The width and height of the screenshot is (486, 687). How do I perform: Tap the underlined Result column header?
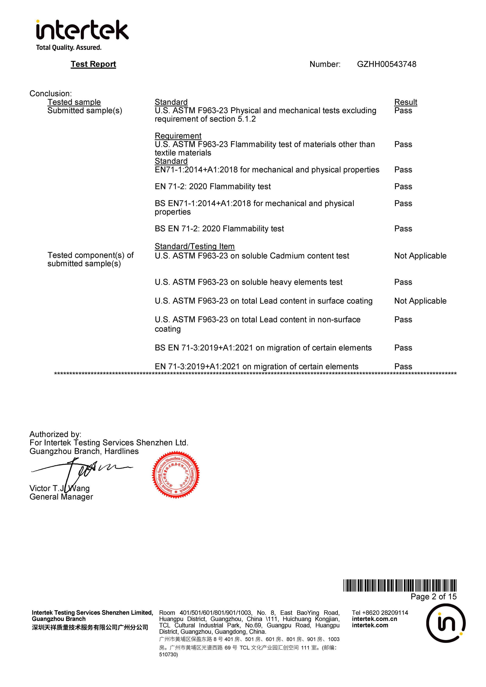pos(405,102)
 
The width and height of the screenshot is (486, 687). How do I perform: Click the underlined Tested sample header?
pos(74,102)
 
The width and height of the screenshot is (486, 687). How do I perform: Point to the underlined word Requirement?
pos(178,136)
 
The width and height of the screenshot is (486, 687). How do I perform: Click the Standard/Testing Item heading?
pos(195,246)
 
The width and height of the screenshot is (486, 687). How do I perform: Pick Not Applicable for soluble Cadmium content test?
pos(420,256)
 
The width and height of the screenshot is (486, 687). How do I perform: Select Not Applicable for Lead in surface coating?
pos(420,301)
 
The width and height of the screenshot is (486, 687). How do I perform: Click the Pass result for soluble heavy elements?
pos(403,282)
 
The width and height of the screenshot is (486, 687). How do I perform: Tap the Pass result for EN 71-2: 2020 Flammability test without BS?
pos(403,187)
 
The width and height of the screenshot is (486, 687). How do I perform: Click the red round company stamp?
pos(176,475)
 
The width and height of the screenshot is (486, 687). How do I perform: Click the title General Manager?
pos(61,497)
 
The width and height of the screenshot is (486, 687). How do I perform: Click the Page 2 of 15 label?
pos(433,597)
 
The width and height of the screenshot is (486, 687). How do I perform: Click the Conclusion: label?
pos(51,94)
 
